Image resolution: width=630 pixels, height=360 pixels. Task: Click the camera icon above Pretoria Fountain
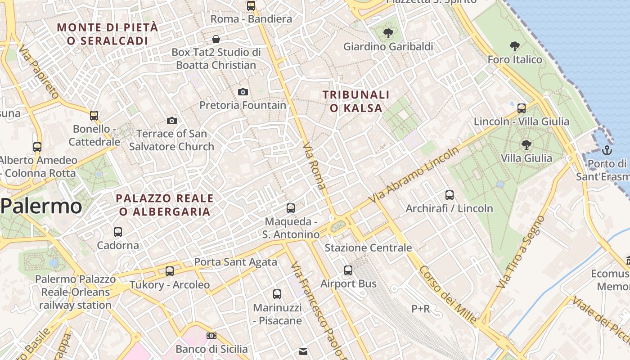click(x=243, y=92)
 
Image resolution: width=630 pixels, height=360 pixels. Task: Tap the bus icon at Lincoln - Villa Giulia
click(x=522, y=108)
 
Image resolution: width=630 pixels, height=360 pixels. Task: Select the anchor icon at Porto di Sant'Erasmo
click(x=607, y=150)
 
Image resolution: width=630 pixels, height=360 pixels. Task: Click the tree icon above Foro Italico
click(x=515, y=46)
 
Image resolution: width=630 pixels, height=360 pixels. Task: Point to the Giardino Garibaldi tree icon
click(x=388, y=33)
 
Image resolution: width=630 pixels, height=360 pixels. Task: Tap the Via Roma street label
click(x=315, y=166)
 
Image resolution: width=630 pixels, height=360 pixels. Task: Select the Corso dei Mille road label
click(x=448, y=295)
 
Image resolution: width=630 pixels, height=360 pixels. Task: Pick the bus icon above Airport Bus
click(x=348, y=270)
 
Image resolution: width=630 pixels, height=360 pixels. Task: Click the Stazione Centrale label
click(x=368, y=247)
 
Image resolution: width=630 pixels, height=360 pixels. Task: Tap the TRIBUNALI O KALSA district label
click(x=356, y=101)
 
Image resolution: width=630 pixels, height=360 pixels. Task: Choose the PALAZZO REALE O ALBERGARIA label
click(x=164, y=205)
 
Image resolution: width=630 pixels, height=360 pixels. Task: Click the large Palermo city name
click(x=41, y=207)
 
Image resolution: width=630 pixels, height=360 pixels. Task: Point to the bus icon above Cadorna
click(x=118, y=232)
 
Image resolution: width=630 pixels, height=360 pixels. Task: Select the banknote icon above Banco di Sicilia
click(x=211, y=336)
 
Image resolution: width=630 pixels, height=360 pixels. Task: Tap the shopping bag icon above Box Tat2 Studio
click(x=216, y=39)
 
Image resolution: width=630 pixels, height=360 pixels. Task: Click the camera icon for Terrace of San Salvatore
click(x=171, y=121)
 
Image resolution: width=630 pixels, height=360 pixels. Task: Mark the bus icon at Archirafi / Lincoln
click(x=449, y=195)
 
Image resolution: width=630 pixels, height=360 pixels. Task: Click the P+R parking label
click(x=421, y=309)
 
